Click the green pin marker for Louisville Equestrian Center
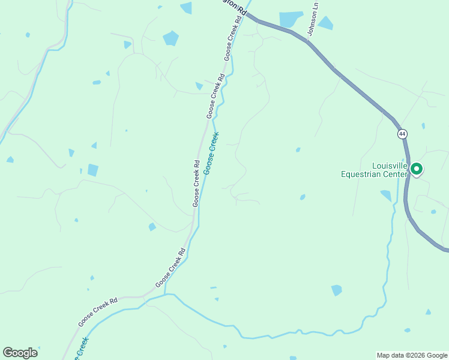(416, 170)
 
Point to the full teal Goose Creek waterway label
(211, 154)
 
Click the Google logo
(20, 353)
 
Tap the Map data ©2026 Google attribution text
(411, 355)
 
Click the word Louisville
(390, 166)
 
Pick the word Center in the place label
(397, 175)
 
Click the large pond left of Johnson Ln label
(291, 19)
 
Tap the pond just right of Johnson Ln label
(326, 23)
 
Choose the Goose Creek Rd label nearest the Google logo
(97, 311)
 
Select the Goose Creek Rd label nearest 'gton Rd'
(233, 37)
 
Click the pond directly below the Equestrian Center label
(385, 196)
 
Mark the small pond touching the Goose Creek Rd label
(199, 86)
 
